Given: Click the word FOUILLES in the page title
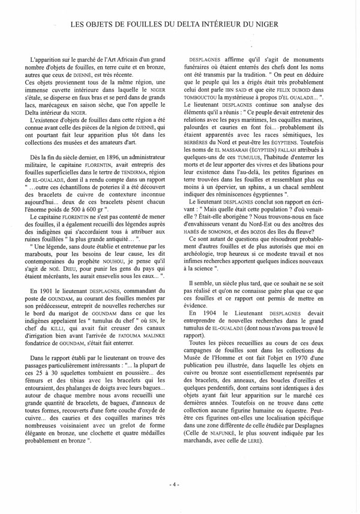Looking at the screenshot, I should point(140,25).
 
